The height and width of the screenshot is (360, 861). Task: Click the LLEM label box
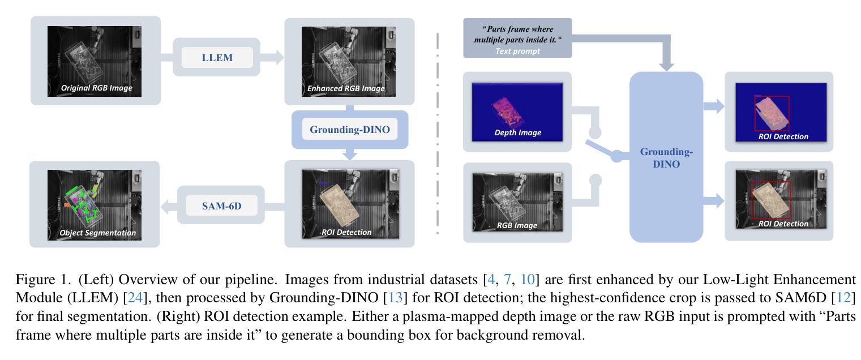[x=217, y=57]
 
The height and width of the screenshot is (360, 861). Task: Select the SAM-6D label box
[x=221, y=206]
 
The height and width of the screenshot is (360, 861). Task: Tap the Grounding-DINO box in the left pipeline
[x=349, y=130]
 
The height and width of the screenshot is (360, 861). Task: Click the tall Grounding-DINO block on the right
[x=666, y=157]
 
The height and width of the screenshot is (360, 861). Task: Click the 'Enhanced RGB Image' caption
[x=345, y=88]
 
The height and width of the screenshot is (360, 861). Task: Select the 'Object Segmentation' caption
[x=97, y=233]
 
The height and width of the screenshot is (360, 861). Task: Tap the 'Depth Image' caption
[x=517, y=133]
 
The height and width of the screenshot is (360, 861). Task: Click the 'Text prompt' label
[x=517, y=51]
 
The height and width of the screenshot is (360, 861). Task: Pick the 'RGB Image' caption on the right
[x=517, y=225]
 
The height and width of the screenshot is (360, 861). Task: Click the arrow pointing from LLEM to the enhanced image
[x=275, y=57]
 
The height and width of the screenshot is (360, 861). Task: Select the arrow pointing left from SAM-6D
[x=168, y=207]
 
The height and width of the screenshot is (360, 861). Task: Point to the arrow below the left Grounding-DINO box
[x=350, y=153]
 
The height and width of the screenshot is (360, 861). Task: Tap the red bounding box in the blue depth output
[x=771, y=113]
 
